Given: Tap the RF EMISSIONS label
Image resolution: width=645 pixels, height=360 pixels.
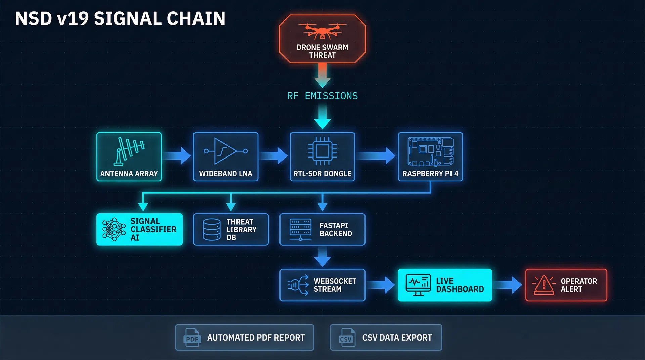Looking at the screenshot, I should [x=322, y=96].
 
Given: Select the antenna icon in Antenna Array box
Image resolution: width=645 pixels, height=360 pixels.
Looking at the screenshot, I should [x=129, y=151].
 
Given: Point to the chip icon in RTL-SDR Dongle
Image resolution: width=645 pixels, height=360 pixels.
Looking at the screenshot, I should [x=322, y=151].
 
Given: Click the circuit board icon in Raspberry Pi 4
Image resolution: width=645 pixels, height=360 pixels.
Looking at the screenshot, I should [x=430, y=151].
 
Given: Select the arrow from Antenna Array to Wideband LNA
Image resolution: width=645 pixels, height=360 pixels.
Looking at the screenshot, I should [x=177, y=155].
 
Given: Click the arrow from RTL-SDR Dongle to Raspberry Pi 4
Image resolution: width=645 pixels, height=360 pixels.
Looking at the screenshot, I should [x=376, y=155].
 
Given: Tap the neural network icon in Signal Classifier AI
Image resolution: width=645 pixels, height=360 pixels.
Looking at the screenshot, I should [x=114, y=229].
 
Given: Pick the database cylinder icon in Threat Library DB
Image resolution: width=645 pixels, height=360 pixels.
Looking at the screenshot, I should [x=212, y=230].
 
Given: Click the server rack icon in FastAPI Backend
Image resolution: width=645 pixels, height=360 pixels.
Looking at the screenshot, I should [x=300, y=229].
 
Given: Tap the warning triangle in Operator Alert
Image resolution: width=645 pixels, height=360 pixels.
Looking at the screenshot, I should [x=544, y=285].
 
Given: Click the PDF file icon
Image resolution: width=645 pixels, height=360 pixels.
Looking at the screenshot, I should [x=192, y=337].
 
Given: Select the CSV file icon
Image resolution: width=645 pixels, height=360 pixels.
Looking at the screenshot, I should [x=346, y=337].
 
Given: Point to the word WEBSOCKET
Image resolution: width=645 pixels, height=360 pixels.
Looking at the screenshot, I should [x=335, y=281].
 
